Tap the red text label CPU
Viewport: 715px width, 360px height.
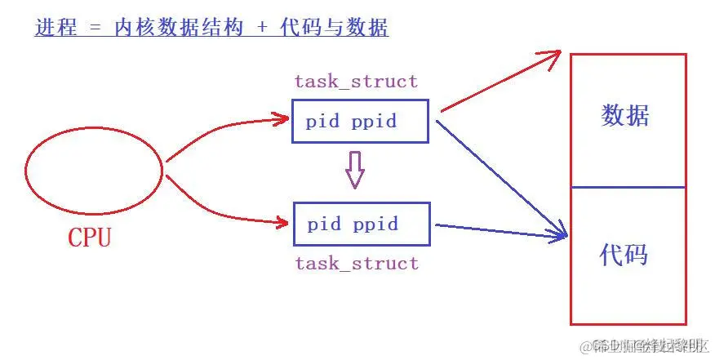tap(89, 238)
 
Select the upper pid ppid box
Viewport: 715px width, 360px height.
tap(359, 122)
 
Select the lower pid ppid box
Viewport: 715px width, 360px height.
tap(360, 224)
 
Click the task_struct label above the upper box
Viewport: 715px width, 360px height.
tap(356, 82)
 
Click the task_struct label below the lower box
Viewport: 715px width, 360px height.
tap(357, 263)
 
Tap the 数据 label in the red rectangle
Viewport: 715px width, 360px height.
tap(625, 116)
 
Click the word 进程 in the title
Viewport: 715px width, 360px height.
tap(56, 28)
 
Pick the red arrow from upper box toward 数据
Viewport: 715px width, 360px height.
tap(498, 82)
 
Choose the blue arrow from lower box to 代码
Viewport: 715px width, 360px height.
tap(498, 231)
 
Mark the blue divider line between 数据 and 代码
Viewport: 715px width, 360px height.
tap(628, 187)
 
